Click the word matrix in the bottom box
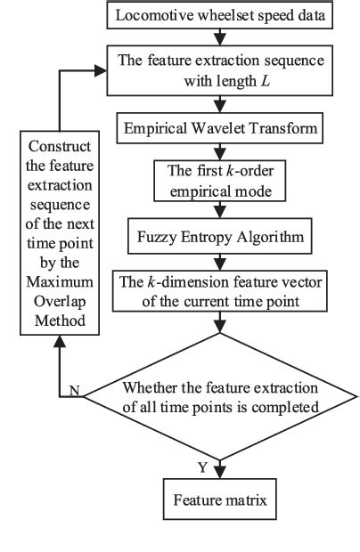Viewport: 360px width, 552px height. pos(245,501)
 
